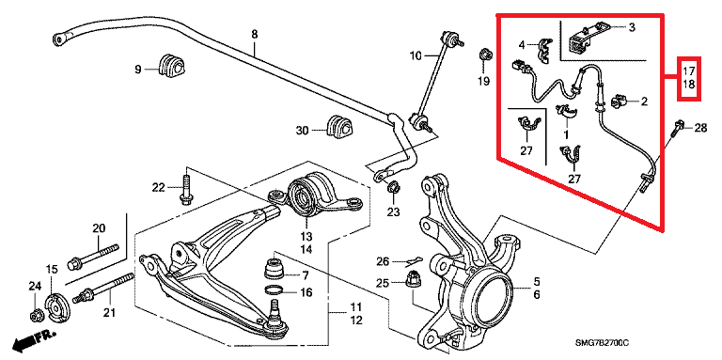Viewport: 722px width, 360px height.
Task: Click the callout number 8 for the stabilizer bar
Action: coord(254,34)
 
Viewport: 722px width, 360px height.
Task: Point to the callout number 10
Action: coord(416,56)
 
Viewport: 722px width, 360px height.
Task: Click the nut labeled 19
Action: coord(484,55)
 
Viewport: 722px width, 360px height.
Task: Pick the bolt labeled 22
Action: coord(185,189)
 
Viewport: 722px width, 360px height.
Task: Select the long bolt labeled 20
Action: coord(93,257)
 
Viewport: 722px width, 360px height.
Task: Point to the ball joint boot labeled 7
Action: coord(275,270)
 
